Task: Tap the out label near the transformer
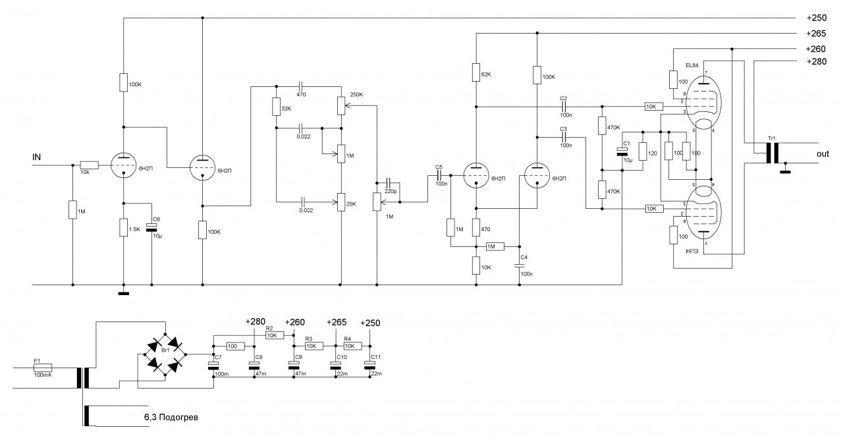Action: [x=822, y=153]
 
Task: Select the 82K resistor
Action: [x=475, y=72]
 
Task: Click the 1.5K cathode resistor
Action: [x=123, y=228]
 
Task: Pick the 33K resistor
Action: [x=277, y=108]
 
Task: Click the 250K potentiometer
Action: [x=341, y=105]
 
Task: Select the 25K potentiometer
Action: [x=341, y=202]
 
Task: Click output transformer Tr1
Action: [x=771, y=153]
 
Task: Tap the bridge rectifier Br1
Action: [x=164, y=354]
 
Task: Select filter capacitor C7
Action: [x=213, y=366]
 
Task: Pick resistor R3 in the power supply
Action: [x=313, y=345]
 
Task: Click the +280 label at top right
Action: [x=817, y=62]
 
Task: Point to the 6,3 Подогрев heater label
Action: [x=171, y=417]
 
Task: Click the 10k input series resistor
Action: [x=89, y=165]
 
